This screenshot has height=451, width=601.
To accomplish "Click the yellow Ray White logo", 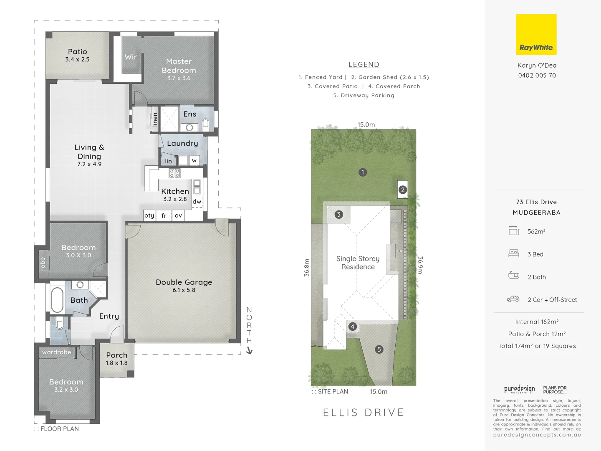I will coord(536,35).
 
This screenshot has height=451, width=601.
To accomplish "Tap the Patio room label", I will coord(78,52).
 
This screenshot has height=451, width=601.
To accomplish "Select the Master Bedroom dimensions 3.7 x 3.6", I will coord(179,78).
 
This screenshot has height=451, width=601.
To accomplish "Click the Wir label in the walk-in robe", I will coord(131,57).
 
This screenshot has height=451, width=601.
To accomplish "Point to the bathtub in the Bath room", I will coord(57,299).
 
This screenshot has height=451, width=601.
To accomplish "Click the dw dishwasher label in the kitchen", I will coord(197,202).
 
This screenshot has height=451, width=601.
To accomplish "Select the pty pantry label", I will coord(149,215).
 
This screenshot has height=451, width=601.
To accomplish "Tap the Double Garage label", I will coord(184,282).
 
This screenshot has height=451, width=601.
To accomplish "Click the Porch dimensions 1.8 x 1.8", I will coord(116,363).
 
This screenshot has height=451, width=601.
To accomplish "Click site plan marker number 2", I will coord(402,190).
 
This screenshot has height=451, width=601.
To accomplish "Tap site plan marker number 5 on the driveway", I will coord(379,350).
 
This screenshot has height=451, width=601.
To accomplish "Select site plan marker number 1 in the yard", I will coord(363,172).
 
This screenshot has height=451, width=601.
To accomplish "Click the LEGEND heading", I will coord(364,65).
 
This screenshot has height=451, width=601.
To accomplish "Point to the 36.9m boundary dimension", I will coord(420,265).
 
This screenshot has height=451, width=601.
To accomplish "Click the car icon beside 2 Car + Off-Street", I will coord(513,299).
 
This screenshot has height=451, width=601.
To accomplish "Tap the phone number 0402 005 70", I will coord(537,76).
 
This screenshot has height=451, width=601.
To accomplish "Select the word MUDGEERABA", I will coord(536,213).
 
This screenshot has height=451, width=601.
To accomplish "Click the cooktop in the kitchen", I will coord(174,173).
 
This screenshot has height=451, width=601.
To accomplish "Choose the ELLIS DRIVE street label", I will coord(364,413).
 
